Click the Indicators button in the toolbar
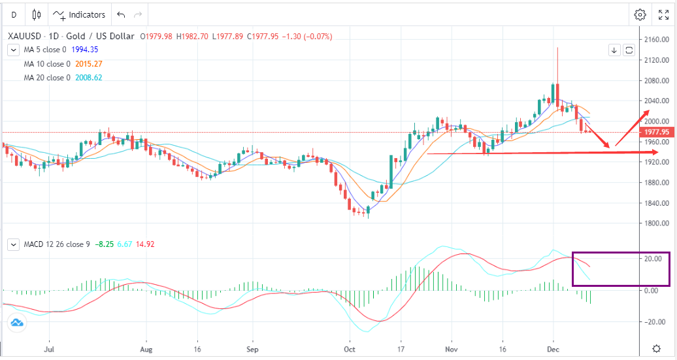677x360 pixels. coord(79,14)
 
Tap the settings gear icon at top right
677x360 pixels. coord(640,14)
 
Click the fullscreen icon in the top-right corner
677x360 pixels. coord(663,14)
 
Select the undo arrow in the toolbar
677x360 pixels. coord(120,14)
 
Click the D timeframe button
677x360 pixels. coord(14,14)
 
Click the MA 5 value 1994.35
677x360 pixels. coord(89,50)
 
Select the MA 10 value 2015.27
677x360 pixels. coord(89,64)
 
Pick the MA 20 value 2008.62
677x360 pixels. coord(89,78)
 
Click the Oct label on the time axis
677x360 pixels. coord(349,349)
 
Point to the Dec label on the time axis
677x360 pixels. coord(553,349)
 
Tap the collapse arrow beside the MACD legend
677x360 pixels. coord(13,244)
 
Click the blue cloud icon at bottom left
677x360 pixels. coord(17,322)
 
